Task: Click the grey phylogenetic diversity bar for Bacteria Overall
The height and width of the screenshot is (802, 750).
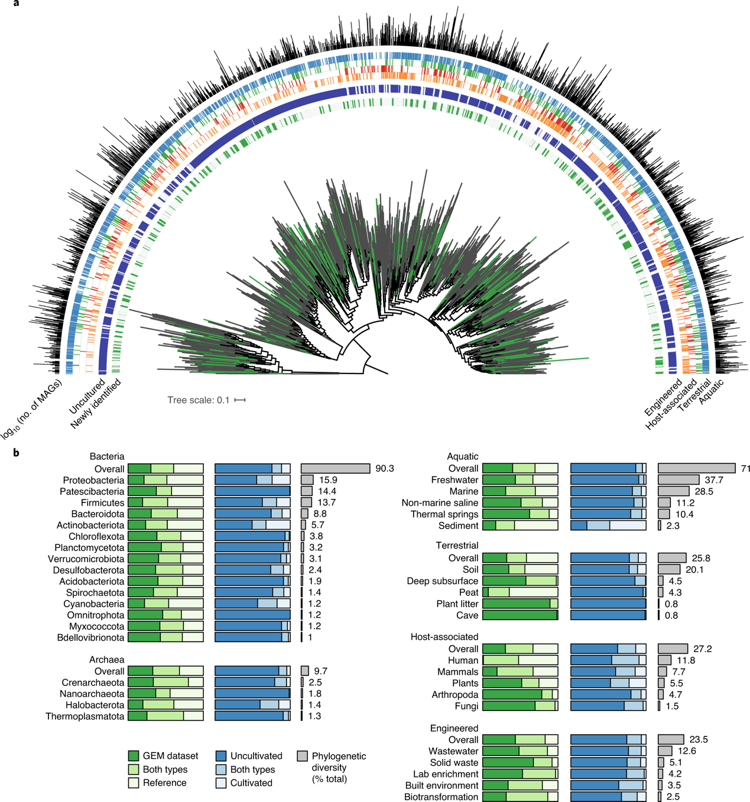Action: (335, 469)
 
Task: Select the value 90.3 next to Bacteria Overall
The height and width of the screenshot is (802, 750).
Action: (385, 469)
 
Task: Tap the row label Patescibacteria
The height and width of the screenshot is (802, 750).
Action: (92, 492)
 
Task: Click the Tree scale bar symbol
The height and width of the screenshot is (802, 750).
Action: (240, 400)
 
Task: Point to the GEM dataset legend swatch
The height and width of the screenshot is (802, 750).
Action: (134, 756)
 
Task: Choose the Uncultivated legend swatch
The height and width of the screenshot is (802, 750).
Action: (220, 756)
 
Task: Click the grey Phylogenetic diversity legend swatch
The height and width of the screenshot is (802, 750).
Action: (302, 756)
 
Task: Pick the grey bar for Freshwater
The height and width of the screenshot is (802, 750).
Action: (678, 480)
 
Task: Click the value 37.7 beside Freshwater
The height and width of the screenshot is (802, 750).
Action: (714, 480)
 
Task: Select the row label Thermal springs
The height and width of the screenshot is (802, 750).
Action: (444, 514)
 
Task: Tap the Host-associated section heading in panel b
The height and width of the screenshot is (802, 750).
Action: (444, 637)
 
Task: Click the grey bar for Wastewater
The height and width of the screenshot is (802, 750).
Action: (665, 751)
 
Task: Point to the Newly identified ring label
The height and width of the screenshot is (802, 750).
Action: (95, 404)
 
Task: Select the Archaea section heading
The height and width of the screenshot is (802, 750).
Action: (106, 660)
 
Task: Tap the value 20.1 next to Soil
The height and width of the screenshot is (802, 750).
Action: (694, 569)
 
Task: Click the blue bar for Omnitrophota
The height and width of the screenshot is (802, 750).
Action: (252, 615)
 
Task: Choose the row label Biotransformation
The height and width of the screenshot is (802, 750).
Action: (441, 797)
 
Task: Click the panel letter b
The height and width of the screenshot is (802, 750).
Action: (16, 453)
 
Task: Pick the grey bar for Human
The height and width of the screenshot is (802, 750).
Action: (664, 660)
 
